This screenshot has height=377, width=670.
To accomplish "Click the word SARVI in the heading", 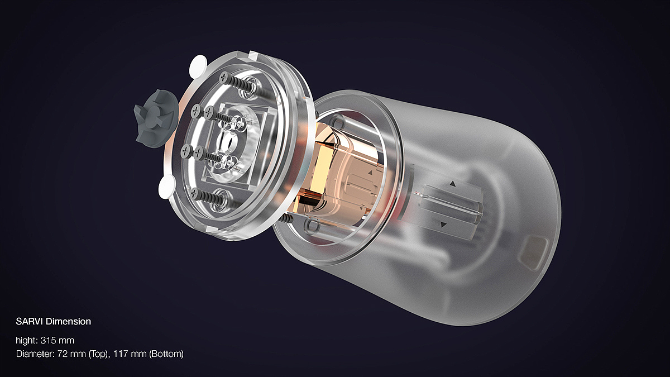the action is [29, 322].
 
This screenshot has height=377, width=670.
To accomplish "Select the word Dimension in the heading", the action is [68, 322].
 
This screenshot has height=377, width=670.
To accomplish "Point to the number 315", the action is [48, 341].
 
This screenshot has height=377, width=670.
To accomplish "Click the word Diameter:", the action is [35, 354].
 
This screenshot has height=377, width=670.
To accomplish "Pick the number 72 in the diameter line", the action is [63, 354].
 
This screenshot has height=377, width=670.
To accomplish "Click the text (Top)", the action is [98, 354].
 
